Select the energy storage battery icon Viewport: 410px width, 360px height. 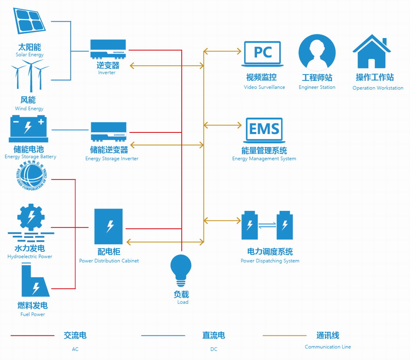(x=28, y=128)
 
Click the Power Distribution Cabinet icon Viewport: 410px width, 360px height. (x=109, y=226)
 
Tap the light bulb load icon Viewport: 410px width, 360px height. (x=181, y=270)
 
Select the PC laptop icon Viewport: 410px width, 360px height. (x=262, y=53)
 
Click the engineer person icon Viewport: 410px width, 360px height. (x=317, y=52)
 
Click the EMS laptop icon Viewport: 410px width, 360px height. (x=264, y=130)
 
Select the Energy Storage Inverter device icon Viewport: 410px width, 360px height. (x=108, y=132)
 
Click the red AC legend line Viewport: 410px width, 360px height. (x=32, y=336)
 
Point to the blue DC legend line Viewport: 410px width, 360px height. (x=163, y=336)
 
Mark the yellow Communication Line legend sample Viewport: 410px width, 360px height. (x=284, y=336)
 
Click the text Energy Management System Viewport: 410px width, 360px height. (x=264, y=159)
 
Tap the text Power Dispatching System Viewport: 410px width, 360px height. (x=270, y=261)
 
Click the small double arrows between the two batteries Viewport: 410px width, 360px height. (x=267, y=225)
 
